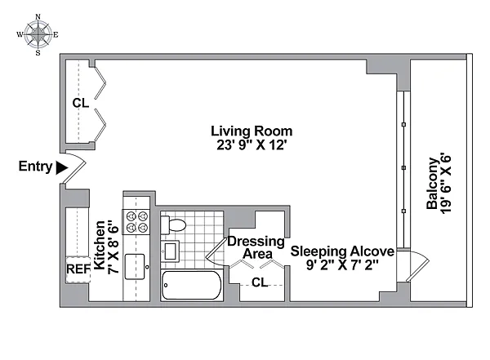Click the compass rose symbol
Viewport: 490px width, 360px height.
pos(38,34)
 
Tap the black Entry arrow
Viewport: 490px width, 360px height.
pos(61,168)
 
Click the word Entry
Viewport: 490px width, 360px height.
pos(35,167)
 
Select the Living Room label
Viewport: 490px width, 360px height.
pos(252,131)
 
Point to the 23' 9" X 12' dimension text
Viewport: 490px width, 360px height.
pos(252,145)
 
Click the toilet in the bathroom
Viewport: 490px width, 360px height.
pos(173,224)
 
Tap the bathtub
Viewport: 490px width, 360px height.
pos(192,286)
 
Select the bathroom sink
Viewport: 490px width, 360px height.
pos(170,251)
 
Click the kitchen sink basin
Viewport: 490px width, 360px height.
pos(135,267)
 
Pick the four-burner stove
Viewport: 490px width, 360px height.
pos(136,221)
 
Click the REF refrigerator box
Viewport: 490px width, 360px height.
pos(78,269)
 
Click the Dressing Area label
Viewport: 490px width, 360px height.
pos(256,247)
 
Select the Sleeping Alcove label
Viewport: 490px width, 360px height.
pos(342,251)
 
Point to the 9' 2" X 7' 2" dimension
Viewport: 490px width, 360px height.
pos(342,265)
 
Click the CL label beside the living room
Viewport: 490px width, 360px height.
pos(81,103)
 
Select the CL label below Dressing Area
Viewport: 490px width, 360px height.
pos(260,282)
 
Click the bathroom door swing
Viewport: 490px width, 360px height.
pos(216,252)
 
